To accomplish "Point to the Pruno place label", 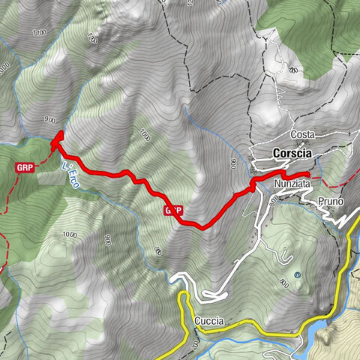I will [x=329, y=202].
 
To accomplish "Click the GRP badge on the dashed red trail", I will [x=25, y=168].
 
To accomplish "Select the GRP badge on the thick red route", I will [x=172, y=211].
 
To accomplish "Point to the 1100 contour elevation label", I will [x=40, y=32].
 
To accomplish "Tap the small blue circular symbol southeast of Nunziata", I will [x=297, y=276].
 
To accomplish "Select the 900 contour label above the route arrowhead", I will [x=50, y=118].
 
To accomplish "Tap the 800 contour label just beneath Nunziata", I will [x=271, y=198].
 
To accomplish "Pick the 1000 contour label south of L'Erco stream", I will [x=70, y=235].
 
